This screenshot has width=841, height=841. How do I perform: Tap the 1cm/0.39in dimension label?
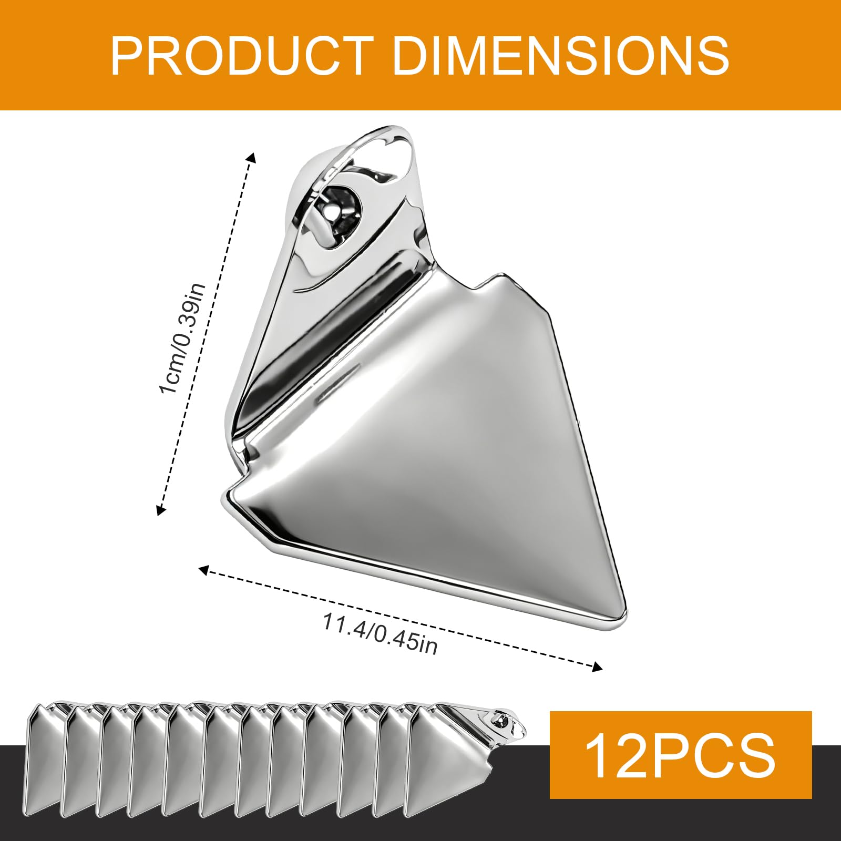182,338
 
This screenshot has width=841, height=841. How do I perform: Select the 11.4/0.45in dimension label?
380,634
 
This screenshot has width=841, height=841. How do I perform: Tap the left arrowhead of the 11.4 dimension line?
204,569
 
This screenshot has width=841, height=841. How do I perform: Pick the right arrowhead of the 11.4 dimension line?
597,668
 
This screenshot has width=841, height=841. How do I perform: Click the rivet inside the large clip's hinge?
332,211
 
